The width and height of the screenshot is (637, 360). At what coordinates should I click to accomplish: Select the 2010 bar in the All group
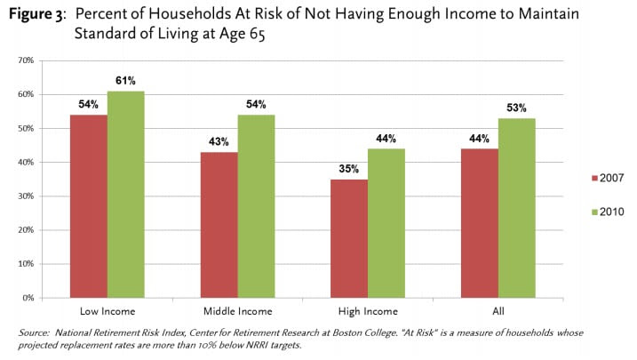point(517,208)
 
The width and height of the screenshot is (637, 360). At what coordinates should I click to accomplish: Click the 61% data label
point(125,82)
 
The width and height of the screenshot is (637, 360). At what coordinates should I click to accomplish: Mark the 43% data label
point(219,142)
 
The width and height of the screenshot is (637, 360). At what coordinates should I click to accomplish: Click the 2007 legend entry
point(605,179)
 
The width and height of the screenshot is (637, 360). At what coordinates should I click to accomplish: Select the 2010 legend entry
point(605,212)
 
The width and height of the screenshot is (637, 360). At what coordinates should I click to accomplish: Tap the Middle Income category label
point(237,310)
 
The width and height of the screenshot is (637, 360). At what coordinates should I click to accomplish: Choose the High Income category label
point(368,310)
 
